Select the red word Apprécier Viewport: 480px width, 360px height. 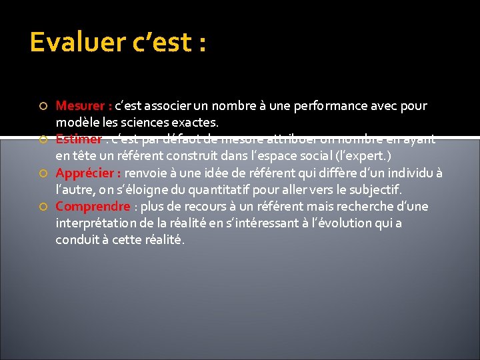[x=86, y=173]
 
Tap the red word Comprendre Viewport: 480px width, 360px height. [x=93, y=207]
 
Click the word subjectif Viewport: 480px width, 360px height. [x=375, y=190]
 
